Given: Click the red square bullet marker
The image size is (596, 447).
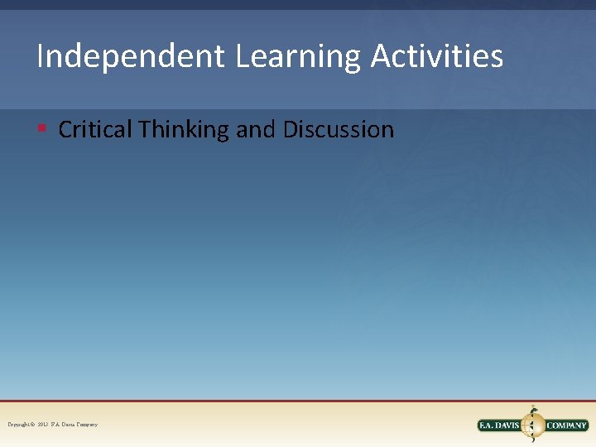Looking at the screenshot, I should [x=41, y=128].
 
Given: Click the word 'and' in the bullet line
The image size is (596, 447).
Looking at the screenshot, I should [x=256, y=130].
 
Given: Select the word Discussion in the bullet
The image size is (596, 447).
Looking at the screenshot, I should [x=339, y=130].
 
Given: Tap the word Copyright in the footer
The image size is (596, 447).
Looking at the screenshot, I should [x=20, y=425].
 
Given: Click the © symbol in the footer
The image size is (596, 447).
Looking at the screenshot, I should [x=33, y=425].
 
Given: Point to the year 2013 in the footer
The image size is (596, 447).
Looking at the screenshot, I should [x=43, y=425].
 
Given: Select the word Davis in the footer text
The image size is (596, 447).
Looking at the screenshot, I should [x=66, y=425].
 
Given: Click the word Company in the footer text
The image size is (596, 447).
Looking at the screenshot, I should [x=86, y=425].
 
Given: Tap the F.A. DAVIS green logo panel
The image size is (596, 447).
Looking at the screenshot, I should [x=498, y=425].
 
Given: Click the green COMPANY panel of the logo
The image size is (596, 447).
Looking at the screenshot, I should [x=566, y=425].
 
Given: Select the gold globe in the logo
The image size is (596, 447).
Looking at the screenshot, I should [x=532, y=425].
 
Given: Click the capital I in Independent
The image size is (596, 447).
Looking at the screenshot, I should [x=41, y=57].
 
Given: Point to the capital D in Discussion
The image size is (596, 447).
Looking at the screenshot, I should [x=291, y=130].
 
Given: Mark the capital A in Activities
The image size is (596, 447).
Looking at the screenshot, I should [x=380, y=57].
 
